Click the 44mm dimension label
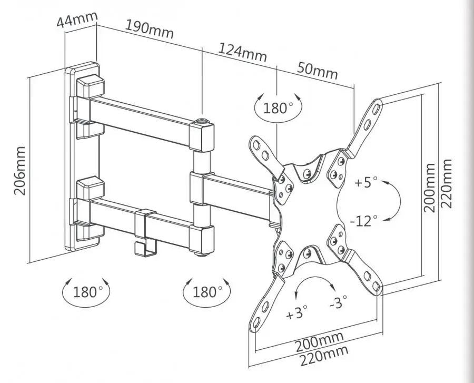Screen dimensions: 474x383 coord(77,19)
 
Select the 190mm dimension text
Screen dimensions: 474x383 coord(150,30)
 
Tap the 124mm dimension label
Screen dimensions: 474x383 coord(242,53)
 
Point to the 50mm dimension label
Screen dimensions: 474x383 coord(317,71)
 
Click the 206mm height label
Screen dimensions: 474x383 coord(20,171)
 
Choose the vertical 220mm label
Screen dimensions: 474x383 coord(446,183)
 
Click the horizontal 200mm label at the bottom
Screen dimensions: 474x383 coord(320,342)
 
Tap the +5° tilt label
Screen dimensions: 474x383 coord(366,182)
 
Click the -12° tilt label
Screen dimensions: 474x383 coord(364,221)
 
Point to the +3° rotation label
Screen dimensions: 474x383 coord(297,312)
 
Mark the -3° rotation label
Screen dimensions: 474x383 coord(338,301)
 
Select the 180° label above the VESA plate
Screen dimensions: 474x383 coord(279,108)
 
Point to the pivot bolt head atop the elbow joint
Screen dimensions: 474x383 coord(202,122)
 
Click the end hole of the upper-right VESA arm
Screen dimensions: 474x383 coord(377,107)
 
